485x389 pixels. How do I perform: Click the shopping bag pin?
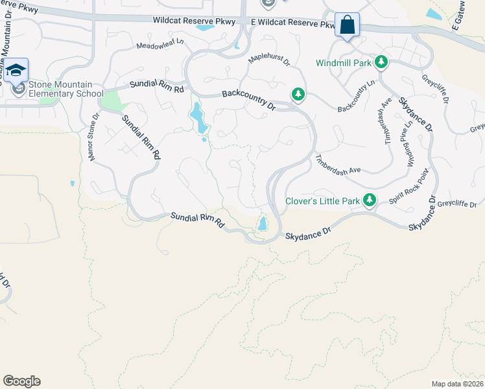pos(347,26)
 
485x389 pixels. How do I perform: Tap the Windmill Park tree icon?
pos(382,62)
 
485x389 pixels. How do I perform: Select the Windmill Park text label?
pos(343,63)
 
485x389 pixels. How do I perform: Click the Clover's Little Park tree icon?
pos(370,200)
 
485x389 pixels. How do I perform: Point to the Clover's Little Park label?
pos(322,201)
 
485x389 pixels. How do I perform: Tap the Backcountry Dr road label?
pos(248,101)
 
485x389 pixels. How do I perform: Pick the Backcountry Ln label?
pos(357,95)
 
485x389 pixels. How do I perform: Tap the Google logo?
pos(21,381)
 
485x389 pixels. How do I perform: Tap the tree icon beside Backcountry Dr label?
pos(298,95)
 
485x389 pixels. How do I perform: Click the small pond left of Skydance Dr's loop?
pos(262,224)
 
